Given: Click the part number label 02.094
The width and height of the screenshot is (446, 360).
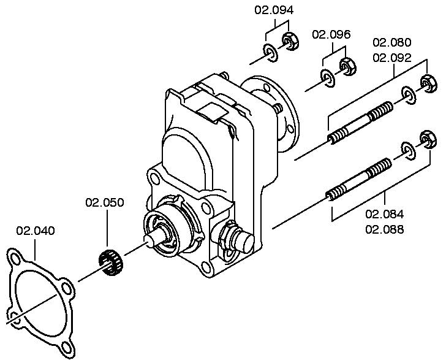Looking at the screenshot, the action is pyautogui.click(x=274, y=10).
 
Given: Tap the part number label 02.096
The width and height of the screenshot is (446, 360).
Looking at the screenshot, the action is pyautogui.click(x=331, y=34).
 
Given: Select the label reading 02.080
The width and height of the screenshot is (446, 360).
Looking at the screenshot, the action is pyautogui.click(x=392, y=42).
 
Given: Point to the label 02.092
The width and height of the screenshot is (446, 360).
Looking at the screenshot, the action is pyautogui.click(x=392, y=58).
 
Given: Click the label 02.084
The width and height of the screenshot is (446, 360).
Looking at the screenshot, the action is pyautogui.click(x=385, y=214).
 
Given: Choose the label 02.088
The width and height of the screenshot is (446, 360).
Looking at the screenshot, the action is pyautogui.click(x=385, y=229).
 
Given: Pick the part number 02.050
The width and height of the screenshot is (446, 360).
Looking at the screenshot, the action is pyautogui.click(x=105, y=202).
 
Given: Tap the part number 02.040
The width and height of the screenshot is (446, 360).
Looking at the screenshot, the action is pyautogui.click(x=36, y=231).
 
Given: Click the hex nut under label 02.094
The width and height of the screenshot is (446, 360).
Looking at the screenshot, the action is pyautogui.click(x=290, y=42).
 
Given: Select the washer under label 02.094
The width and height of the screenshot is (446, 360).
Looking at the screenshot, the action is pyautogui.click(x=271, y=53).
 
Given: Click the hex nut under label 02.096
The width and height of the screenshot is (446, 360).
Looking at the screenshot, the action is pyautogui.click(x=348, y=66).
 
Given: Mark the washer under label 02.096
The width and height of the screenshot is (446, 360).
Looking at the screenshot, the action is pyautogui.click(x=328, y=78).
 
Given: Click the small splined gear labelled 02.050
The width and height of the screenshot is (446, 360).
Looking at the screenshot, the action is pyautogui.click(x=110, y=262).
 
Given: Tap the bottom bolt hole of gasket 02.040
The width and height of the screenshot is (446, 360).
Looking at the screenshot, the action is pyautogui.click(x=67, y=347).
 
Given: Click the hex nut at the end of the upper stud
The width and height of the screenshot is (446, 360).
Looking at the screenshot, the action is pyautogui.click(x=429, y=83).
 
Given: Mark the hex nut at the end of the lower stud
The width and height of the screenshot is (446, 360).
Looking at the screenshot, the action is pyautogui.click(x=428, y=139).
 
